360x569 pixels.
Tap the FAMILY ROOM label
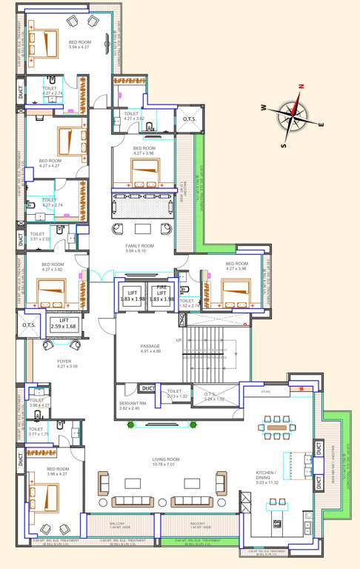[x=139, y=245]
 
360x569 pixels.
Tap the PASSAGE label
[x=150, y=345]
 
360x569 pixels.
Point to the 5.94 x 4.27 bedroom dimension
[x=80, y=47]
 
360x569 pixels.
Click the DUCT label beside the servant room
[x=148, y=388]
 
